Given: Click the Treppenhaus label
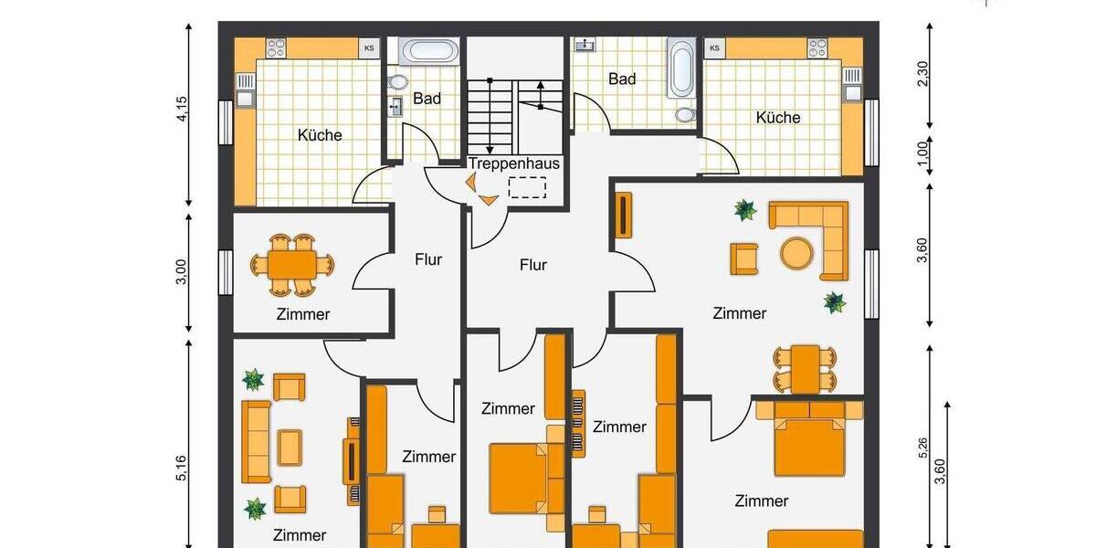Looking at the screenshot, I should (514, 163).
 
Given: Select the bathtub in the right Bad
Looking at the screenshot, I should (681, 68).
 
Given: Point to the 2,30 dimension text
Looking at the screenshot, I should (922, 73).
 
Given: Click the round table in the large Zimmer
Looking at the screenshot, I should (796, 252).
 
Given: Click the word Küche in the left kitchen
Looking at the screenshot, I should (320, 135).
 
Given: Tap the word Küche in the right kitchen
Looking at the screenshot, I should (778, 118).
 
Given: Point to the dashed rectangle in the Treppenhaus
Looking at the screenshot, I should (527, 188).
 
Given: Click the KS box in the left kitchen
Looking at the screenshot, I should (369, 47).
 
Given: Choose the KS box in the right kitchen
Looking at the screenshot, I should (714, 47).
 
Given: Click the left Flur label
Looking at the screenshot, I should (428, 259).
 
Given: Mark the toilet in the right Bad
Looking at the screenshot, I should (685, 115).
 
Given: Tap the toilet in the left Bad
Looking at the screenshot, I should (397, 82).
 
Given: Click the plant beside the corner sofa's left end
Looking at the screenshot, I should (746, 211).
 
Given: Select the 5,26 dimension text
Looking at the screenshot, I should (922, 448).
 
